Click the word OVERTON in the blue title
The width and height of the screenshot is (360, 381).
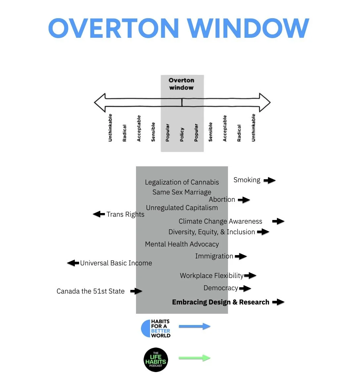point(113,28)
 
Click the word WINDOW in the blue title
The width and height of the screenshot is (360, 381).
point(248,28)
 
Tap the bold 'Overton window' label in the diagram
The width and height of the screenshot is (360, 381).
point(181,84)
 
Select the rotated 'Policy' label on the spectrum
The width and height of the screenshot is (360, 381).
point(182,135)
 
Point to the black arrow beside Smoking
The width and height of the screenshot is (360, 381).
point(270,180)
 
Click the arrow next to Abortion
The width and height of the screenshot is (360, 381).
point(244,200)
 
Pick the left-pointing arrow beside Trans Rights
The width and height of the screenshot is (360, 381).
point(99,214)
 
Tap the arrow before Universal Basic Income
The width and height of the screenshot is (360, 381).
point(73,263)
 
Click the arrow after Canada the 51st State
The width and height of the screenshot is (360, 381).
point(136,291)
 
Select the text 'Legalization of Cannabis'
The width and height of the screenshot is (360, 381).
point(182,182)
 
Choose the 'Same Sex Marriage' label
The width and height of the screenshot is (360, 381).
point(182,192)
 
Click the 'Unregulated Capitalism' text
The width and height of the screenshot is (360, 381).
point(182,208)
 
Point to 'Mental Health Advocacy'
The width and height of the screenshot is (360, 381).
point(182,244)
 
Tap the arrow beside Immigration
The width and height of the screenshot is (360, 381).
point(241,256)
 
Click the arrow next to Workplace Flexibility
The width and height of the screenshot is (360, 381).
point(250,275)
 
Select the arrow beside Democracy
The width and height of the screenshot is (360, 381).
point(245,289)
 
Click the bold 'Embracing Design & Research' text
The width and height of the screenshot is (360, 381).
point(220,302)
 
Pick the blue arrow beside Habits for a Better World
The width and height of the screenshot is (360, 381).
point(195,326)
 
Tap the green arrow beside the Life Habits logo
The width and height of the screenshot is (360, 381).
point(195,358)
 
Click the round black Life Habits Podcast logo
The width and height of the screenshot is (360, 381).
point(156,360)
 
